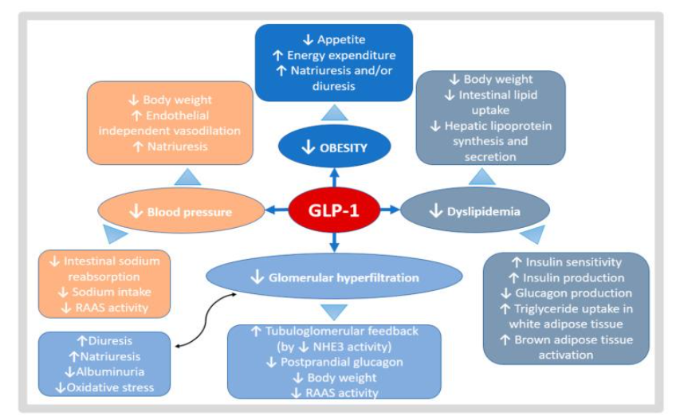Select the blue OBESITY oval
point(334,147)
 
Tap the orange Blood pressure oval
point(181,212)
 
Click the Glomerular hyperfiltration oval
point(334,277)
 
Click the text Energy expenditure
point(341,55)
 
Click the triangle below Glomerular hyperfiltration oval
point(334,311)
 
